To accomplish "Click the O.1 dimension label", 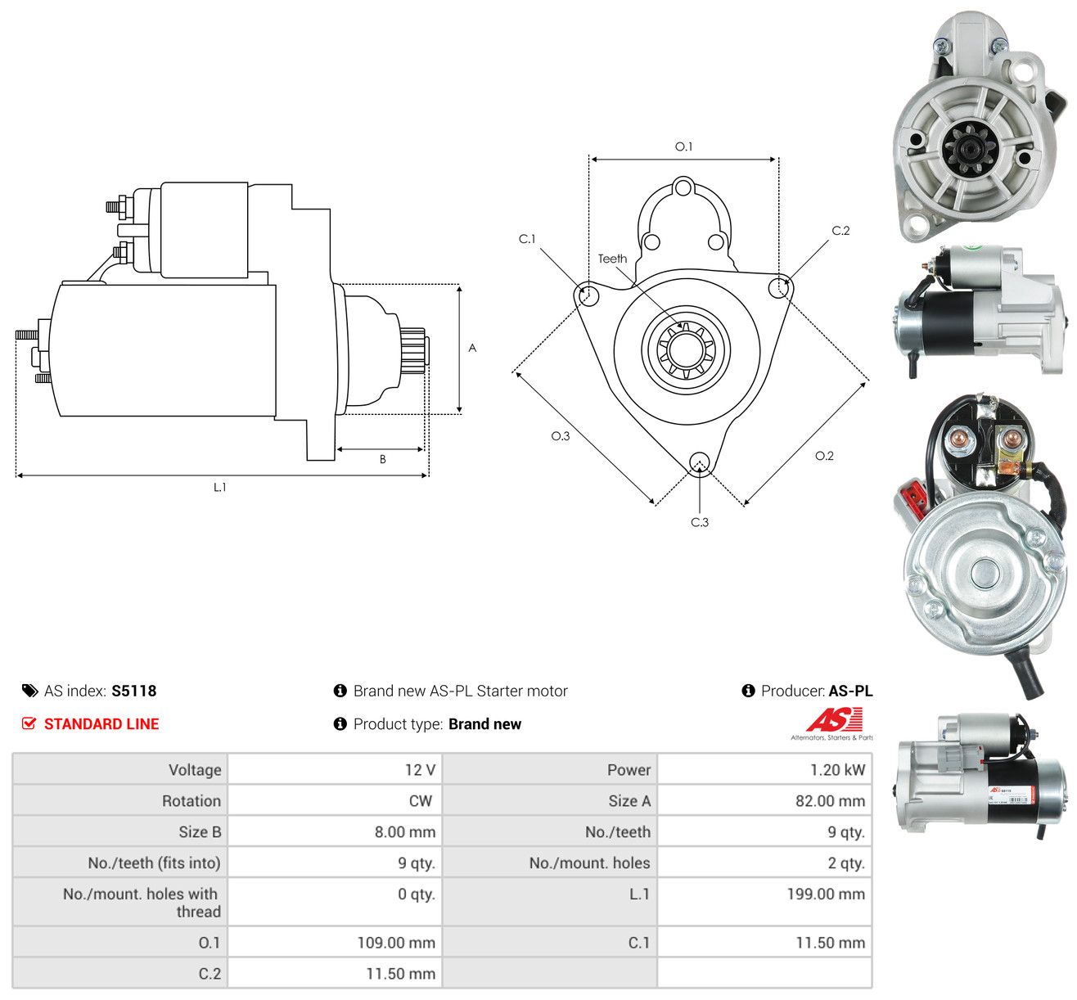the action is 683,146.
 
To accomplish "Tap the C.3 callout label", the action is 699,522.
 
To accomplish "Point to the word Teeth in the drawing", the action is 611,259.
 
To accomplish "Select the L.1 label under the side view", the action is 219,487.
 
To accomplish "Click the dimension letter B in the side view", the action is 382,459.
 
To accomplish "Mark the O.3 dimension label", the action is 561,436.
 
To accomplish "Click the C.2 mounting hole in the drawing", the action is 779,287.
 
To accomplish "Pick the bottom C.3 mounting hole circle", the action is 699,462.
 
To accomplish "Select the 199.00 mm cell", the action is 826,894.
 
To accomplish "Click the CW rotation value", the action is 421,801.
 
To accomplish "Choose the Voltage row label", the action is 195,770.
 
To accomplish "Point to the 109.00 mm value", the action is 396,943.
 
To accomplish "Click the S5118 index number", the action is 134,691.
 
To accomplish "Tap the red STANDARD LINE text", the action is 101,724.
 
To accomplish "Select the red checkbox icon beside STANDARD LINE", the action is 29,723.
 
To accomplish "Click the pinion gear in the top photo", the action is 970,147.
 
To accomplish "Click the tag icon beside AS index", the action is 29,691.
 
